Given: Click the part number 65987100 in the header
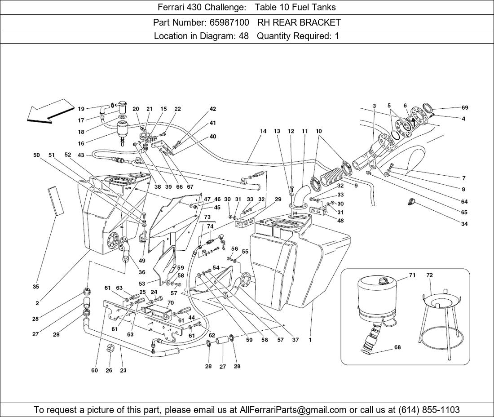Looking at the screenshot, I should [229, 22].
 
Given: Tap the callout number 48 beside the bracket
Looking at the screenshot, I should [340, 221].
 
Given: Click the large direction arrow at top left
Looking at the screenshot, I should [49, 112].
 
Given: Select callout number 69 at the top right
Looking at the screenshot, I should [464, 108].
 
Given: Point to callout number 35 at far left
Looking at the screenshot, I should [36, 286].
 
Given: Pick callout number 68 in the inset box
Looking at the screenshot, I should [397, 347].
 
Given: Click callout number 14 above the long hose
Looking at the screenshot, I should [263, 132].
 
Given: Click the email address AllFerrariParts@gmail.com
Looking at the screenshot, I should [293, 410].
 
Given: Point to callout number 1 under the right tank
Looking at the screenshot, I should [310, 340].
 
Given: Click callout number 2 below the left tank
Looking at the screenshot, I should [37, 303].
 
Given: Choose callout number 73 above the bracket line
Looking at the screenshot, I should [207, 217].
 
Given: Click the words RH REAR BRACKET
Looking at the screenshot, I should [299, 22].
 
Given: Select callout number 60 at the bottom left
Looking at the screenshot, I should [94, 371].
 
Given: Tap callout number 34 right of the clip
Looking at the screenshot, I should [464, 224].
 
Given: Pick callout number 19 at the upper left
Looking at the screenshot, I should [81, 109].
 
